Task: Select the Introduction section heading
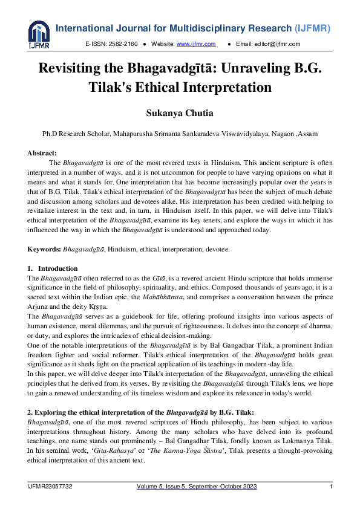click(57, 268)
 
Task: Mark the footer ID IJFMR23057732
click(52, 487)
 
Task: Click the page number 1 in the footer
click(331, 487)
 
